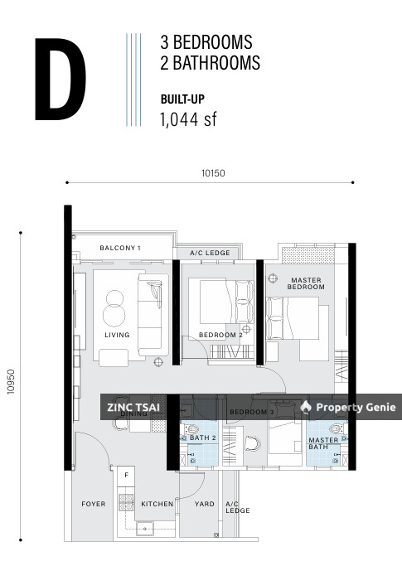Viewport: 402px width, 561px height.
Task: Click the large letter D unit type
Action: click(x=60, y=75)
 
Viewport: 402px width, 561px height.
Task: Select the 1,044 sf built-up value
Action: click(x=187, y=119)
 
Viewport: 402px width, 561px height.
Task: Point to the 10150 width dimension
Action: click(x=212, y=174)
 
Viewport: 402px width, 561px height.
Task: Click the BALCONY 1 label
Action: click(x=120, y=248)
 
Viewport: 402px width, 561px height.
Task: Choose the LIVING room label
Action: click(x=117, y=335)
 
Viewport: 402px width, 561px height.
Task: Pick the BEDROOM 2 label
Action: click(x=220, y=335)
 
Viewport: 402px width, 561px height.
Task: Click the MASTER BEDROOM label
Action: click(x=305, y=283)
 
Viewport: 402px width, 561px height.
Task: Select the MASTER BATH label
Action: click(x=322, y=443)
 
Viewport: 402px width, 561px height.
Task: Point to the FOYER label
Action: click(x=93, y=504)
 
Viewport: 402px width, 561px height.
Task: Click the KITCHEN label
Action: click(x=157, y=504)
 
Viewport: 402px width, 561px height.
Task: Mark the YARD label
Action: click(x=204, y=504)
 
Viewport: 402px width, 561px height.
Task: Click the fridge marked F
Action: click(x=126, y=476)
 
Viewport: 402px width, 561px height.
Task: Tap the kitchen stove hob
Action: click(x=127, y=501)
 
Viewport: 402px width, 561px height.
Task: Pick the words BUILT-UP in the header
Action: click(x=182, y=99)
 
